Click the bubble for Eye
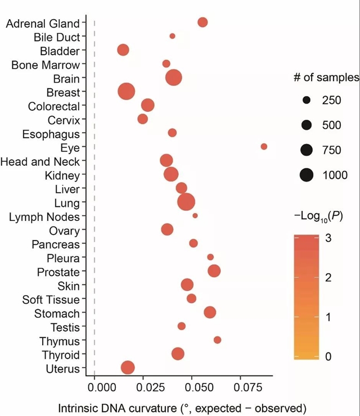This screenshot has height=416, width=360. (x=264, y=147)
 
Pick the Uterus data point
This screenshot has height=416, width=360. (x=128, y=368)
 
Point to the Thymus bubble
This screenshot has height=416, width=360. (x=217, y=340)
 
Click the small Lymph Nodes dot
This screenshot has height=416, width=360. (x=195, y=216)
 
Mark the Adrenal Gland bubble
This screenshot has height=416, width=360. (x=202, y=22)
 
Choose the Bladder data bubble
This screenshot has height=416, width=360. (x=123, y=50)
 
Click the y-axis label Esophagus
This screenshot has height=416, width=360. (x=51, y=134)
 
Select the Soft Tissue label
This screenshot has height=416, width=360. (x=51, y=300)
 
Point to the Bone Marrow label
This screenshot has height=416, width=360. (x=46, y=65)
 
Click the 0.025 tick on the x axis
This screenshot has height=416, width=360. (x=143, y=387)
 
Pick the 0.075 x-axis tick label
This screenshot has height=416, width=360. (x=240, y=387)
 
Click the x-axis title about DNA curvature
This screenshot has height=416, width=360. (x=182, y=407)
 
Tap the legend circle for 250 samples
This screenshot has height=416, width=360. (x=307, y=101)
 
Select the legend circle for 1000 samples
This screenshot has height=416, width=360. (x=307, y=175)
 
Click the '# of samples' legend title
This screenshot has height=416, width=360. (x=326, y=78)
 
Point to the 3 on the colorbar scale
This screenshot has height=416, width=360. (x=327, y=238)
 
